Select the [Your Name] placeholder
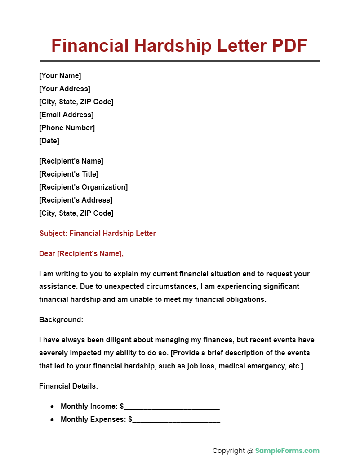[x=60, y=75]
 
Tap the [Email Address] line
[x=67, y=115]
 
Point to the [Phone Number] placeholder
[x=67, y=128]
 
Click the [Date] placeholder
[x=49, y=141]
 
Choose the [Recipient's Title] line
[x=69, y=174]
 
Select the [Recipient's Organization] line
[x=84, y=187]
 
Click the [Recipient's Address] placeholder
[x=76, y=200]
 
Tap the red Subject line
[x=98, y=233]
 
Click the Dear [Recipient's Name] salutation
[x=81, y=254]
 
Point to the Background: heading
[x=61, y=319]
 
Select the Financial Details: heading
[x=69, y=386]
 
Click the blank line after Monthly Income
[x=172, y=407]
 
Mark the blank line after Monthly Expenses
[x=176, y=421]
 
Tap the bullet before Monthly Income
[x=52, y=407]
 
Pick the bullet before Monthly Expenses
[x=52, y=420]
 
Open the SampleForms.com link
[x=287, y=451]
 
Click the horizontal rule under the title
[x=180, y=61]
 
